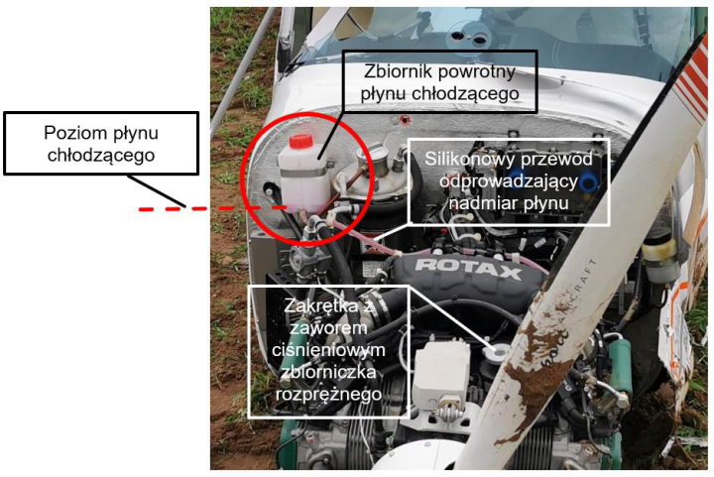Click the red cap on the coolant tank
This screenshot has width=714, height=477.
(300, 141)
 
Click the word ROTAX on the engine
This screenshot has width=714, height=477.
(468, 269)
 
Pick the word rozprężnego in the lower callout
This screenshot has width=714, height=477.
(328, 394)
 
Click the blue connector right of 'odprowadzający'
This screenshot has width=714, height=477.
(589, 182)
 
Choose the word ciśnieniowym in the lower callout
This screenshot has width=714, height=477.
(328, 349)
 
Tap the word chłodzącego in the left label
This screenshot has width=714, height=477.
(101, 156)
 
